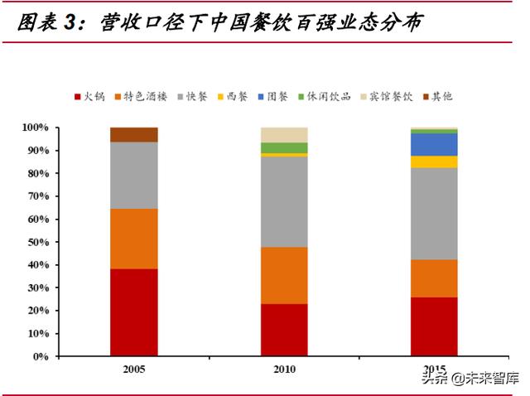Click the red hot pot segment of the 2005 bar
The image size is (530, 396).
point(133,312)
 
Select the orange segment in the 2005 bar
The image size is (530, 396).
point(133,239)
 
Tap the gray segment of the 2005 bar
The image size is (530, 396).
point(133,175)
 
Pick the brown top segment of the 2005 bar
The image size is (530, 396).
point(133,135)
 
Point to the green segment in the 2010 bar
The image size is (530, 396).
point(284,147)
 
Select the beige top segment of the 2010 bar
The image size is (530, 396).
point(284,135)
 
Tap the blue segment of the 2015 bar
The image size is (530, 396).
point(434,144)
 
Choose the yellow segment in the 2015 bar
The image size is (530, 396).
point(434,162)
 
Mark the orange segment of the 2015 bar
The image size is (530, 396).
point(434,278)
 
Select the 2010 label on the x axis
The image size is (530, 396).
point(284,369)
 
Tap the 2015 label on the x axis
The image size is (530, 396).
point(434,369)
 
